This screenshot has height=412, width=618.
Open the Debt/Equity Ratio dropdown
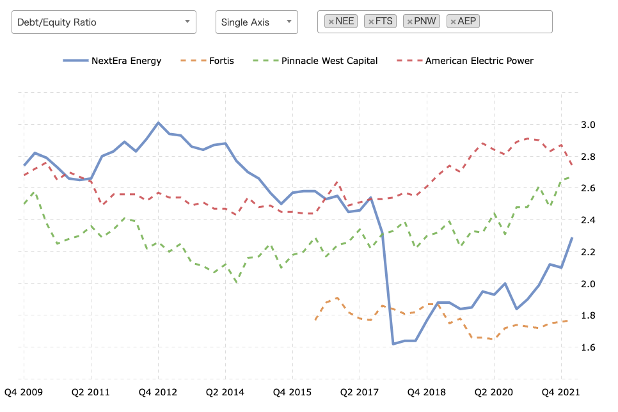[104, 22]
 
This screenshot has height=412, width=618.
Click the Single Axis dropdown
[257, 22]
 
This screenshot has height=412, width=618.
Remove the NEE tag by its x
[331, 22]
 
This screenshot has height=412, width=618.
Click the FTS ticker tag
[381, 21]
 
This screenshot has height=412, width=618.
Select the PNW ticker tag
[422, 21]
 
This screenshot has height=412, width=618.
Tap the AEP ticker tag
[463, 21]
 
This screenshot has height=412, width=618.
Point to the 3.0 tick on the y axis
[588, 125]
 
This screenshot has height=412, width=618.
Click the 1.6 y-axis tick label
[588, 347]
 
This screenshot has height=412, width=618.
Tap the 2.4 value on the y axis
[588, 220]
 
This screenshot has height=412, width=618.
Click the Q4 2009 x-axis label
[23, 392]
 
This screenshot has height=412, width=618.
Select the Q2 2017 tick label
[360, 392]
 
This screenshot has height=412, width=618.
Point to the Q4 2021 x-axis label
[561, 392]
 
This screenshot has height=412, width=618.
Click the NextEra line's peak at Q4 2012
[159, 123]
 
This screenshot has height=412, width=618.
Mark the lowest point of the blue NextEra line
[393, 344]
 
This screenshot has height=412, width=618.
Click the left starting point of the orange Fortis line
[315, 320]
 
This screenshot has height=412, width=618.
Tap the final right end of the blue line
[572, 238]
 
